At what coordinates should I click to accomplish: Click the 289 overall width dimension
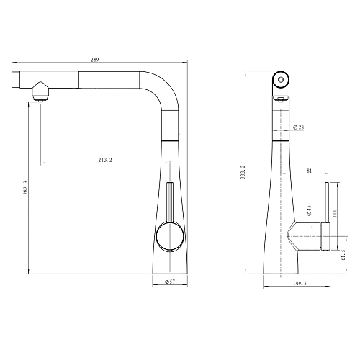point(95,60)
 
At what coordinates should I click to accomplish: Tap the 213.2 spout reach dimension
point(105,160)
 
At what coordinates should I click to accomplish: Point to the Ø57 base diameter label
point(170,282)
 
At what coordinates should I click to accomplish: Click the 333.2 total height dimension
point(242,172)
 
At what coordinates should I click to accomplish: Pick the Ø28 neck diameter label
point(299,127)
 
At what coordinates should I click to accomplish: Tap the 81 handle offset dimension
point(309,171)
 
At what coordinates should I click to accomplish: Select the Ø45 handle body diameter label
point(309,210)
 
